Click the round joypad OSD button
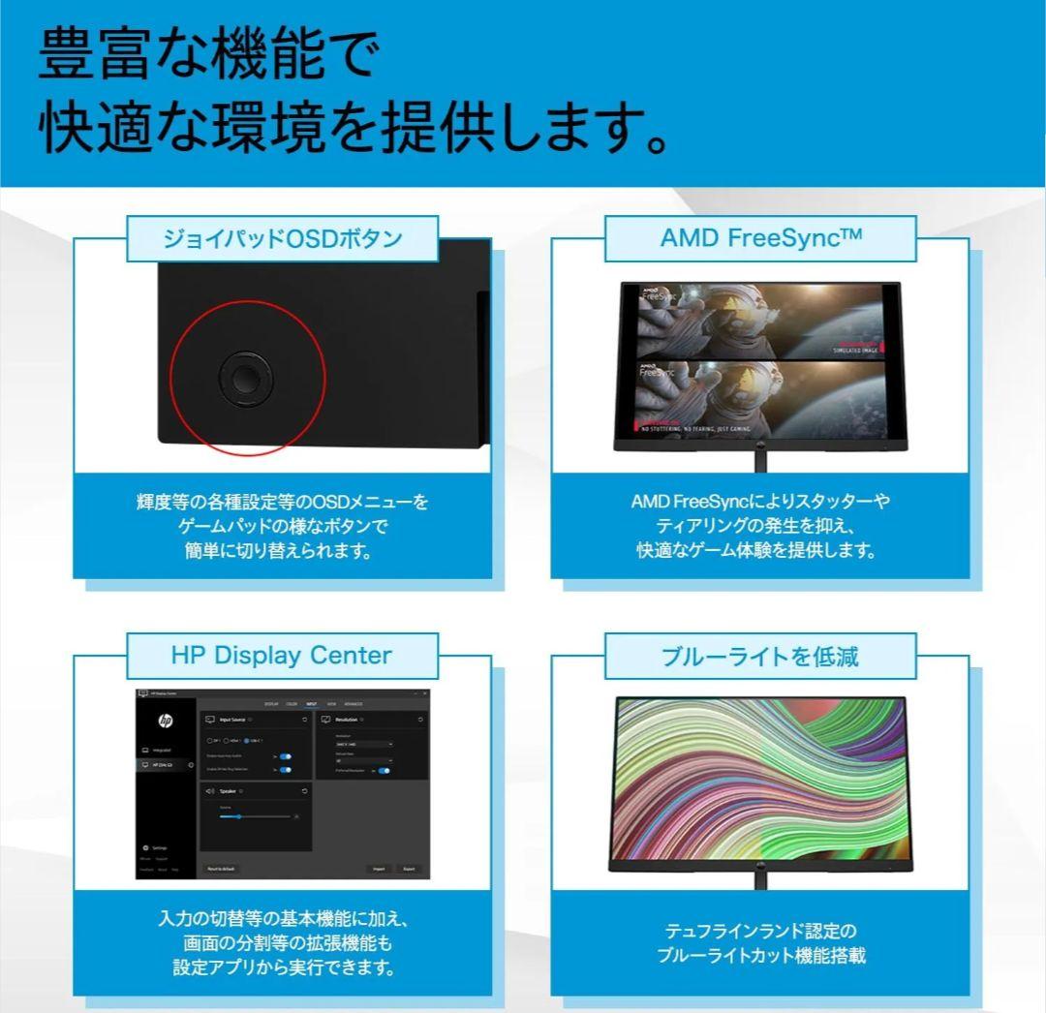tap(245, 378)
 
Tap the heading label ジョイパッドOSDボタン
tap(282, 238)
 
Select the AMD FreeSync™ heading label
tap(760, 238)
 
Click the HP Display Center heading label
tap(282, 656)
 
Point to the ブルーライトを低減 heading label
tap(760, 657)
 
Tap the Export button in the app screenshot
tap(409, 869)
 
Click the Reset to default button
tap(221, 869)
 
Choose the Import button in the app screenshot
tap(379, 869)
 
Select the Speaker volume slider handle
tap(238, 816)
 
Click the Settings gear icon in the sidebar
tap(145, 847)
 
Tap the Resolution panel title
tap(347, 720)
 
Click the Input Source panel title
tap(232, 720)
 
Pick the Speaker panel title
tap(228, 791)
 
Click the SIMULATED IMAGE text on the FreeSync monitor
tap(855, 350)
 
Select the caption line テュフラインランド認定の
tap(760, 931)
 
